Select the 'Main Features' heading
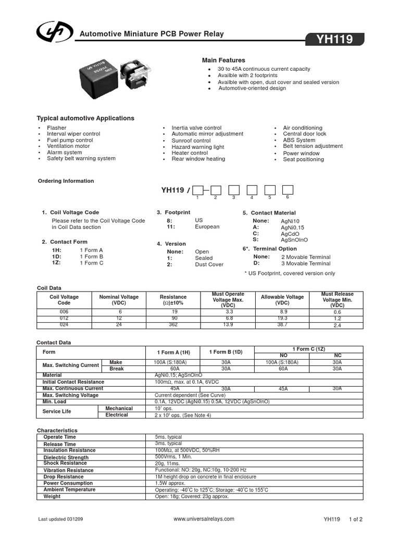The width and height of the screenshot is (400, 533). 223,60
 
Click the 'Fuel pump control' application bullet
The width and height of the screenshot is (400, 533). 70,140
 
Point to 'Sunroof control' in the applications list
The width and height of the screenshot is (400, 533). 191,141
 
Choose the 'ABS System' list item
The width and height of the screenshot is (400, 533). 299,140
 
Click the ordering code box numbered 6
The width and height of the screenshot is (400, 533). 287,189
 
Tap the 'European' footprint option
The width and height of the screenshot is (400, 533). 207,227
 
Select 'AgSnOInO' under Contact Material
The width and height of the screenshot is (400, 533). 294,240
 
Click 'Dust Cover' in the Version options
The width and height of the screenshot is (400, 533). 209,264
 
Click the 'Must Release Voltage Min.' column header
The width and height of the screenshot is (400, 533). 337,300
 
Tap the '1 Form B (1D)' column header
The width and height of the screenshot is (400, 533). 224,352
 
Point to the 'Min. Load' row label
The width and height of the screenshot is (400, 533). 55,402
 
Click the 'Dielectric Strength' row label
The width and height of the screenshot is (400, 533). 66,458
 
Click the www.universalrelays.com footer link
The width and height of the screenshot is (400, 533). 204,519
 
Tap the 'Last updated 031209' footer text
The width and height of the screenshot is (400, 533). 60,519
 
